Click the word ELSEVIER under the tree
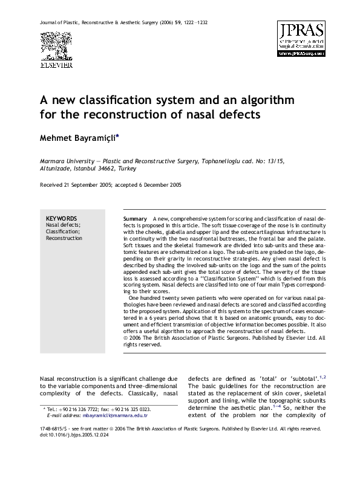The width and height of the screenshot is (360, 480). point(51,63)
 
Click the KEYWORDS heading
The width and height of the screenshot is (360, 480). point(61,218)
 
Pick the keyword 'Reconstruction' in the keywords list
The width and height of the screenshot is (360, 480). point(64,238)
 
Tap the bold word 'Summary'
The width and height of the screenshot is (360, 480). point(135,218)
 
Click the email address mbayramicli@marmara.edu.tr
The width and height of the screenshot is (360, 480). point(117,416)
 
